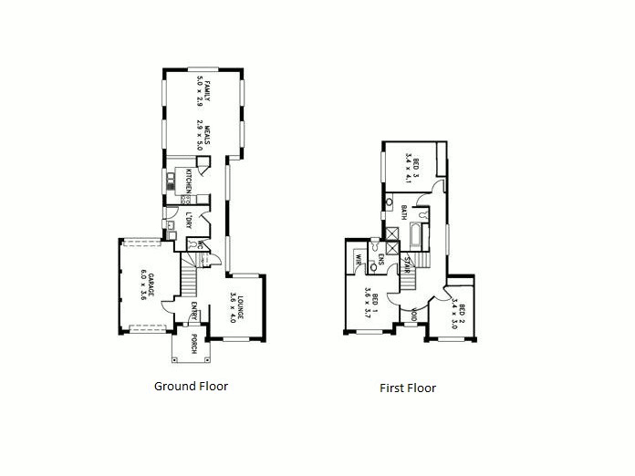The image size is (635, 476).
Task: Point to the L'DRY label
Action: tap(187, 221)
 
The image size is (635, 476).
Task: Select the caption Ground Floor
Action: tap(191, 386)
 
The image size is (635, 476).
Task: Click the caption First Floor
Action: tap(408, 388)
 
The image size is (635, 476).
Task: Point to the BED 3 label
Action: tap(416, 167)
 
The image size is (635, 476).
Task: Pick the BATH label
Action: tap(403, 213)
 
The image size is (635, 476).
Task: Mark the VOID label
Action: tap(414, 316)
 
